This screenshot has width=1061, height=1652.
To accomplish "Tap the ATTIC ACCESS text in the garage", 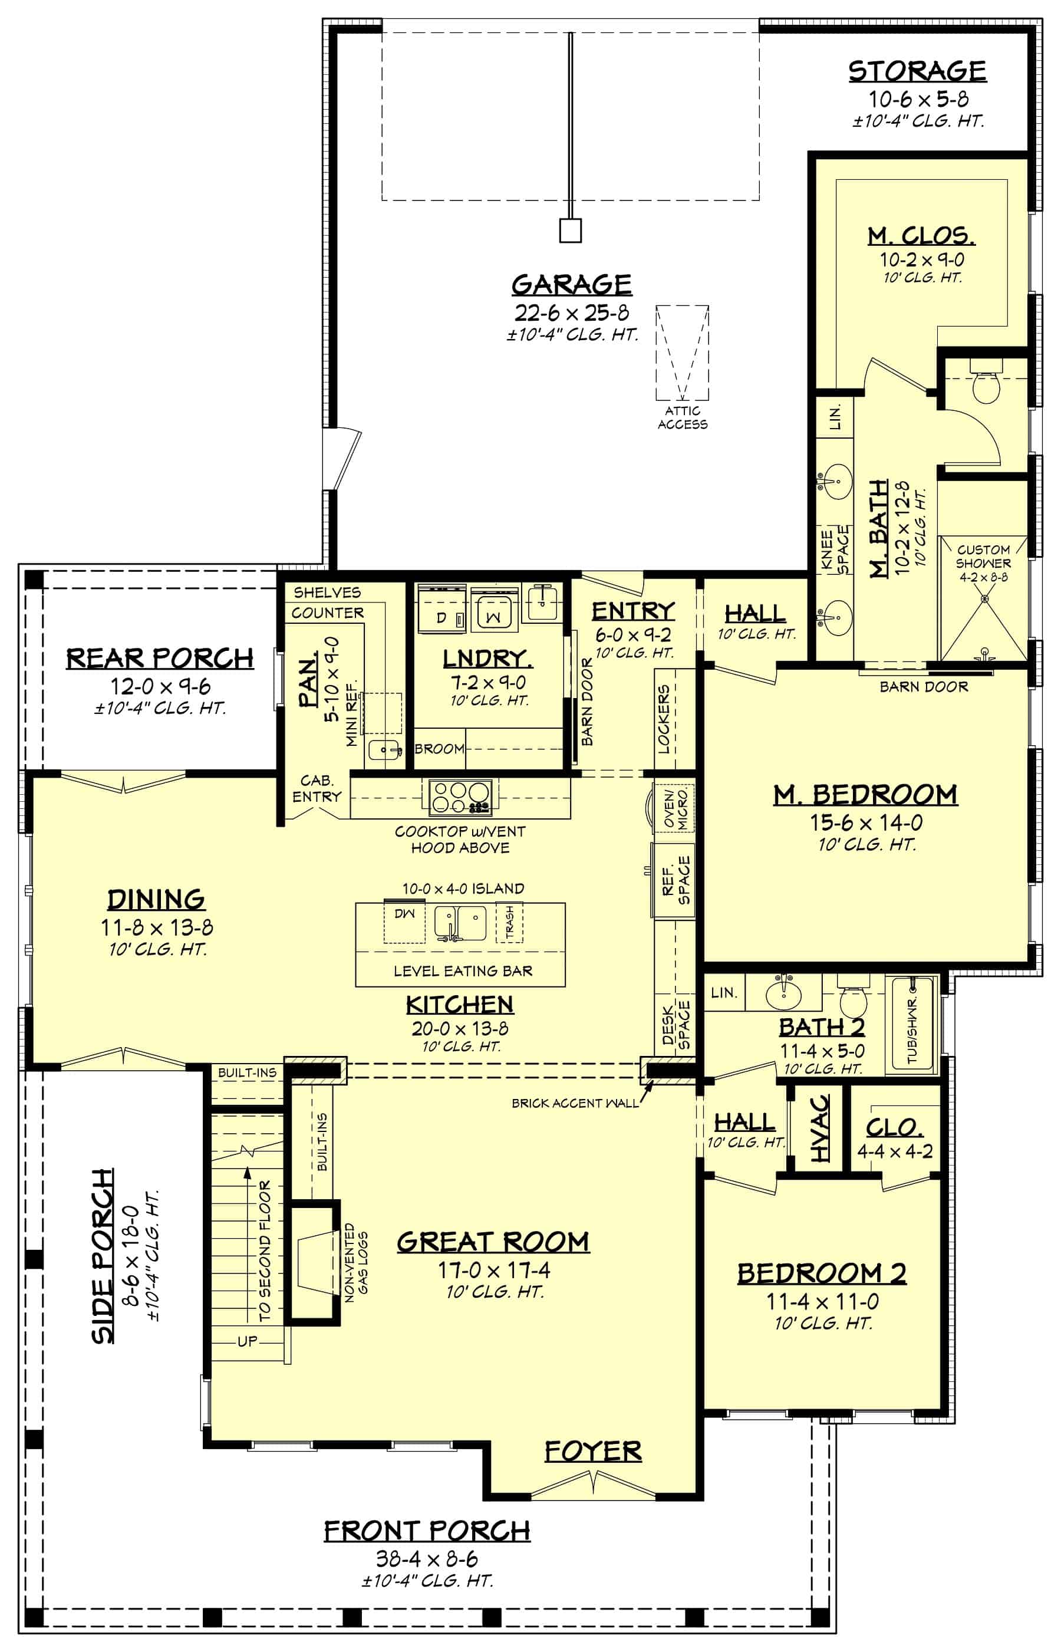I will [682, 417].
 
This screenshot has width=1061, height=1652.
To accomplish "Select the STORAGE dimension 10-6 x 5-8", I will [918, 99].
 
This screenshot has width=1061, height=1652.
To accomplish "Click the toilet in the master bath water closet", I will [984, 387].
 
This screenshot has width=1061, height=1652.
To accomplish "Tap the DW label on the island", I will [404, 913].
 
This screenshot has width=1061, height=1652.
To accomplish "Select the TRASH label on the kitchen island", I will [510, 921].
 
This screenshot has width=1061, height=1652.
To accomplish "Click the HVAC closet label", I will [820, 1128].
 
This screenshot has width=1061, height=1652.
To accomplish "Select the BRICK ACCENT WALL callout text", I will [575, 1103].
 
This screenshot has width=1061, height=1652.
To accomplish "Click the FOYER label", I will [592, 1451].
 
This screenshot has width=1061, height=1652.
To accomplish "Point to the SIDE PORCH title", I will [103, 1255].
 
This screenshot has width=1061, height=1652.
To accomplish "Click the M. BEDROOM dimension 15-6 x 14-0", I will [866, 822].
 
